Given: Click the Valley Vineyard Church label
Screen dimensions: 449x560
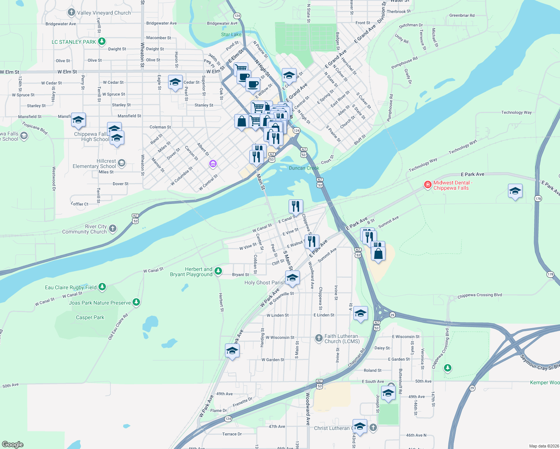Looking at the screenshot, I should [x=104, y=13].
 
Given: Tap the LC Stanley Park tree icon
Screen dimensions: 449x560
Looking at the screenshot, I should [x=102, y=42].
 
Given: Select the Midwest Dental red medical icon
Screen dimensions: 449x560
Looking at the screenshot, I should [x=427, y=185].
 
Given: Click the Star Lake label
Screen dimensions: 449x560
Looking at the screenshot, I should [x=231, y=34].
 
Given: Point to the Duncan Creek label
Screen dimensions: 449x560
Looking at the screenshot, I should [x=304, y=168].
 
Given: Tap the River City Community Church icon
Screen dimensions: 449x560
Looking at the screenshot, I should [x=113, y=229].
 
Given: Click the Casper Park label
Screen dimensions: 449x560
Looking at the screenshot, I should [x=90, y=317].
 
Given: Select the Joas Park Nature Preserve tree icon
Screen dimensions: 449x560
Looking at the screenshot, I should [x=136, y=302].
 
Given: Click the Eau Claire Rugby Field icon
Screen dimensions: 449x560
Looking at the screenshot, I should [x=102, y=287].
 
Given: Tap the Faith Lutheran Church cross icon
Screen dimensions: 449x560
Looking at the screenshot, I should [x=319, y=338].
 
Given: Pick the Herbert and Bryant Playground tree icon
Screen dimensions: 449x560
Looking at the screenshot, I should [x=218, y=271].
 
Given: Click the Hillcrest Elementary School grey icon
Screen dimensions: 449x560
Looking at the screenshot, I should [x=121, y=163].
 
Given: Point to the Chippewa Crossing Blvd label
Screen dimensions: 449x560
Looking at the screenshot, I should [x=480, y=295].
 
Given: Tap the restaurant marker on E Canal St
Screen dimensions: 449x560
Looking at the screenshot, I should [x=296, y=206].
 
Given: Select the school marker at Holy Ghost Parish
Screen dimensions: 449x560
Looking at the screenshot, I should [x=292, y=278].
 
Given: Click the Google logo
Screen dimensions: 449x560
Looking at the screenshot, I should [x=13, y=444].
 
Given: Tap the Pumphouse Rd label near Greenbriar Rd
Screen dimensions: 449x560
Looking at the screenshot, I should [x=404, y=63].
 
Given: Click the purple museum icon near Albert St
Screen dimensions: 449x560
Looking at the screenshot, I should [x=213, y=164].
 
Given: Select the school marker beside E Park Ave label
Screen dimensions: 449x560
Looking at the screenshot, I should [x=515, y=191].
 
